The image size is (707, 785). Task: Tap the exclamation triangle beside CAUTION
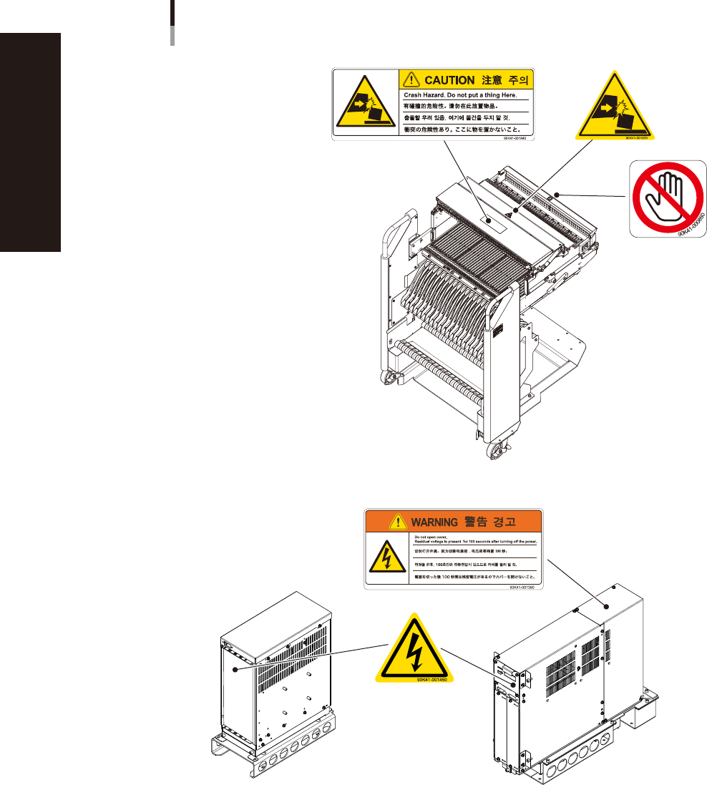409,80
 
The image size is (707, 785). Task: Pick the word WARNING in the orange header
429,520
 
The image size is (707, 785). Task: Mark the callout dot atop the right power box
607,605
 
